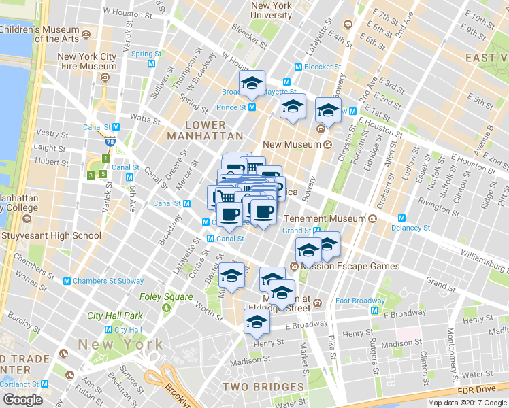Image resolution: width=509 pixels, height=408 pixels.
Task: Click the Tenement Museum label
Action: coord(325,219)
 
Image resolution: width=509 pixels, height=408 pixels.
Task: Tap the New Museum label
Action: coord(291,144)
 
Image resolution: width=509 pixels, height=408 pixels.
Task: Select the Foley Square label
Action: coord(166,296)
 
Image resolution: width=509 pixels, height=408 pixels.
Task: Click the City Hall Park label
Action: coord(115,316)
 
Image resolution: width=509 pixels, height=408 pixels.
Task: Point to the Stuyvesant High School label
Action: coord(50,236)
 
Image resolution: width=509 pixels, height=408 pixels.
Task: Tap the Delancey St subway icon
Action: coord(401,218)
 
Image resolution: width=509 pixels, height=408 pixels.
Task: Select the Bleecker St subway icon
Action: coord(298,67)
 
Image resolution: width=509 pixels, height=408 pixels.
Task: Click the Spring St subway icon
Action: coord(151,63)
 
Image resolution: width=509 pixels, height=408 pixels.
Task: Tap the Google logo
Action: coord(22,400)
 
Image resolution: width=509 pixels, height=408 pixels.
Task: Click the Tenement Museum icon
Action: coord(372,219)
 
